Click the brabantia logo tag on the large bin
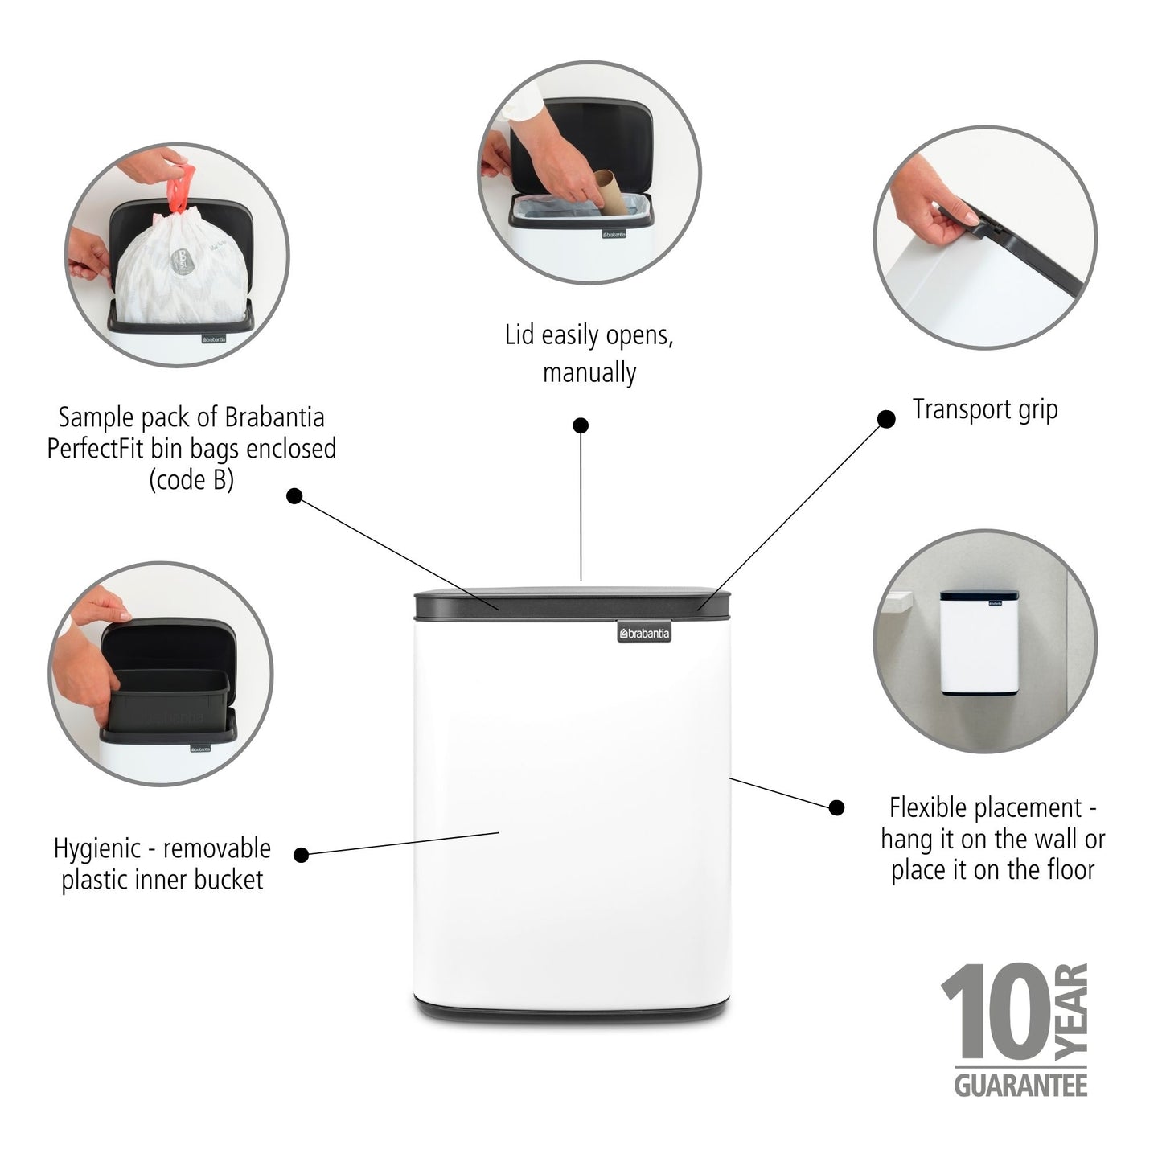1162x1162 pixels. click(644, 634)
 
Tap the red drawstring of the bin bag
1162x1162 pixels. click(180, 187)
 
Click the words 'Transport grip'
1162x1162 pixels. click(985, 409)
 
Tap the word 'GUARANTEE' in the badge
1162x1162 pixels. click(1020, 1086)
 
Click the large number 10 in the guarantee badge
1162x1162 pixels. click(996, 1014)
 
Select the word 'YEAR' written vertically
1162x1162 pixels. click(1071, 1010)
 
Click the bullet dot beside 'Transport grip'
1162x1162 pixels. click(886, 419)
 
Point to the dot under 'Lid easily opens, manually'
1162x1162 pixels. click(581, 425)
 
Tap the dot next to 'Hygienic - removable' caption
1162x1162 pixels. click(302, 855)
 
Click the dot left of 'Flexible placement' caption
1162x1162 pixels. click(837, 807)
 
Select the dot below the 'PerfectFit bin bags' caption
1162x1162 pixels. click(294, 496)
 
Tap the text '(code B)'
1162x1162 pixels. click(191, 479)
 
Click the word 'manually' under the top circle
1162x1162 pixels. click(589, 373)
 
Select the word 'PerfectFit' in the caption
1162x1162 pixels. click(96, 449)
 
